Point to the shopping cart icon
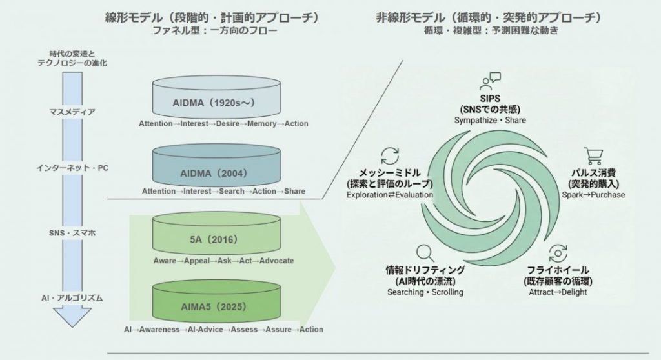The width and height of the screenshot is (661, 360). [x=593, y=156]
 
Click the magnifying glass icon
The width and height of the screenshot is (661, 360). [x=424, y=252]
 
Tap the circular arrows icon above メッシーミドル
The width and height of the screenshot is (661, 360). [x=390, y=155]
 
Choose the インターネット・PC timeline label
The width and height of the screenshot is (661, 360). [x=72, y=168]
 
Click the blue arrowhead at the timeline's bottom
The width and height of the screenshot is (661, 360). [x=72, y=317]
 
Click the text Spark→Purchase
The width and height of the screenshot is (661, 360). [x=593, y=195]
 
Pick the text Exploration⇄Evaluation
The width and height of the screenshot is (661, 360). [x=389, y=194]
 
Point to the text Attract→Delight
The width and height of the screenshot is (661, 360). [x=557, y=292]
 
